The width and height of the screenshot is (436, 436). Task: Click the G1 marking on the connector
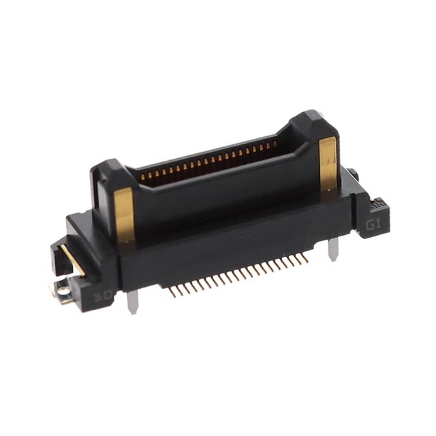click(374, 224)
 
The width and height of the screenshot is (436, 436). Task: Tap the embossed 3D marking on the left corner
click(103, 296)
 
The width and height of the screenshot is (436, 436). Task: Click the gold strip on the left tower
click(124, 215)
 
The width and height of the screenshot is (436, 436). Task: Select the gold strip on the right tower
click(328, 163)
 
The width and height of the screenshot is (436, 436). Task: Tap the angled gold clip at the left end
click(71, 260)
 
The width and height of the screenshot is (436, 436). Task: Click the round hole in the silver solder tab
click(63, 292)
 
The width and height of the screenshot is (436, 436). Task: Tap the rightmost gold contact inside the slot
click(275, 145)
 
